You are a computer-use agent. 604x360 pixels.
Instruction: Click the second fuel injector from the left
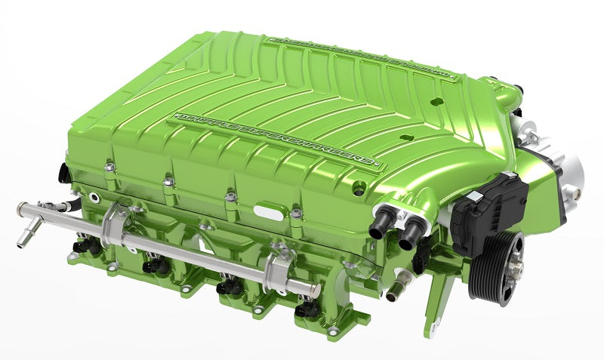(x=150, y=266)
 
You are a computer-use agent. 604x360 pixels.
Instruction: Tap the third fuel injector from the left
(x=225, y=288)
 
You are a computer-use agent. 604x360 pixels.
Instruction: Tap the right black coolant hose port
(x=408, y=235)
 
